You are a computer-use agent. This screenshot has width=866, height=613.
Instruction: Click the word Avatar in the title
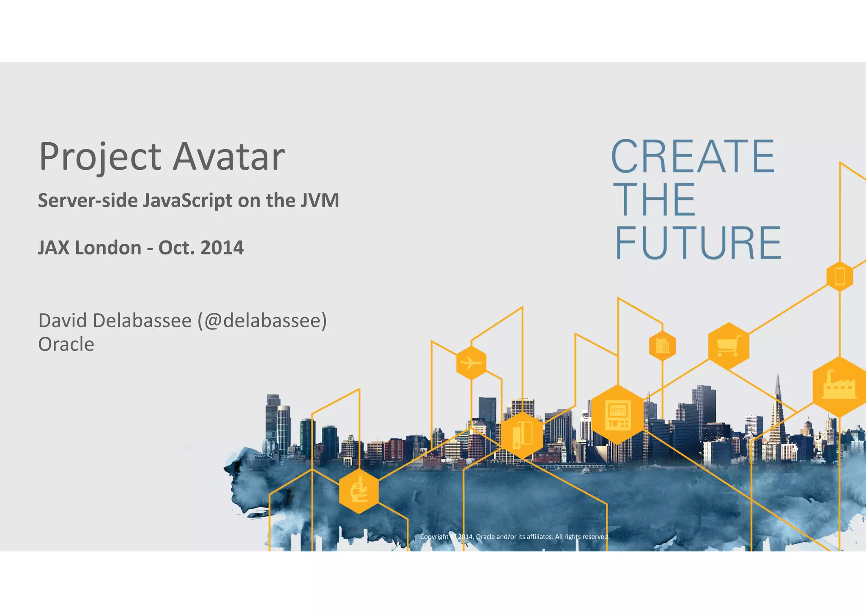[229, 157]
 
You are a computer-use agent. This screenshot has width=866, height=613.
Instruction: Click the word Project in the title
[100, 157]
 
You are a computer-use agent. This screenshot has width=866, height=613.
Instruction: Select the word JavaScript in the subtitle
[187, 201]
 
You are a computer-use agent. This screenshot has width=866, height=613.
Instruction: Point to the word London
[108, 248]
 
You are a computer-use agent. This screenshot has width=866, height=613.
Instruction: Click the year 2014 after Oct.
[222, 248]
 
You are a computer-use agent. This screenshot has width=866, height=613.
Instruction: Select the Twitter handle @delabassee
[262, 320]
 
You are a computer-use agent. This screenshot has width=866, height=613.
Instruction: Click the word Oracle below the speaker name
[66, 344]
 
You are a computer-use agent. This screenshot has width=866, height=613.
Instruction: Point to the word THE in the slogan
[655, 199]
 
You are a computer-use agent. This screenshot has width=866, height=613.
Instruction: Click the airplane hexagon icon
[471, 363]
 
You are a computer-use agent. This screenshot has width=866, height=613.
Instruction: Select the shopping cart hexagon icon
[729, 346]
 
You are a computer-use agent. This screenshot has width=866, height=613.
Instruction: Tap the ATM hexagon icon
[618, 414]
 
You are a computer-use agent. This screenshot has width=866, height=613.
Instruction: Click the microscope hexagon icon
[359, 491]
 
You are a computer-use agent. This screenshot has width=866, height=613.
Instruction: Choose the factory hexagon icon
[839, 387]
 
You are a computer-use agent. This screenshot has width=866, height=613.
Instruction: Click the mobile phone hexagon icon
[840, 276]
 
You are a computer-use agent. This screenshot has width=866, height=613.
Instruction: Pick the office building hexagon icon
[662, 346]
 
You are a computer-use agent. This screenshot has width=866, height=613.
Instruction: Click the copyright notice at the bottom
[514, 537]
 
